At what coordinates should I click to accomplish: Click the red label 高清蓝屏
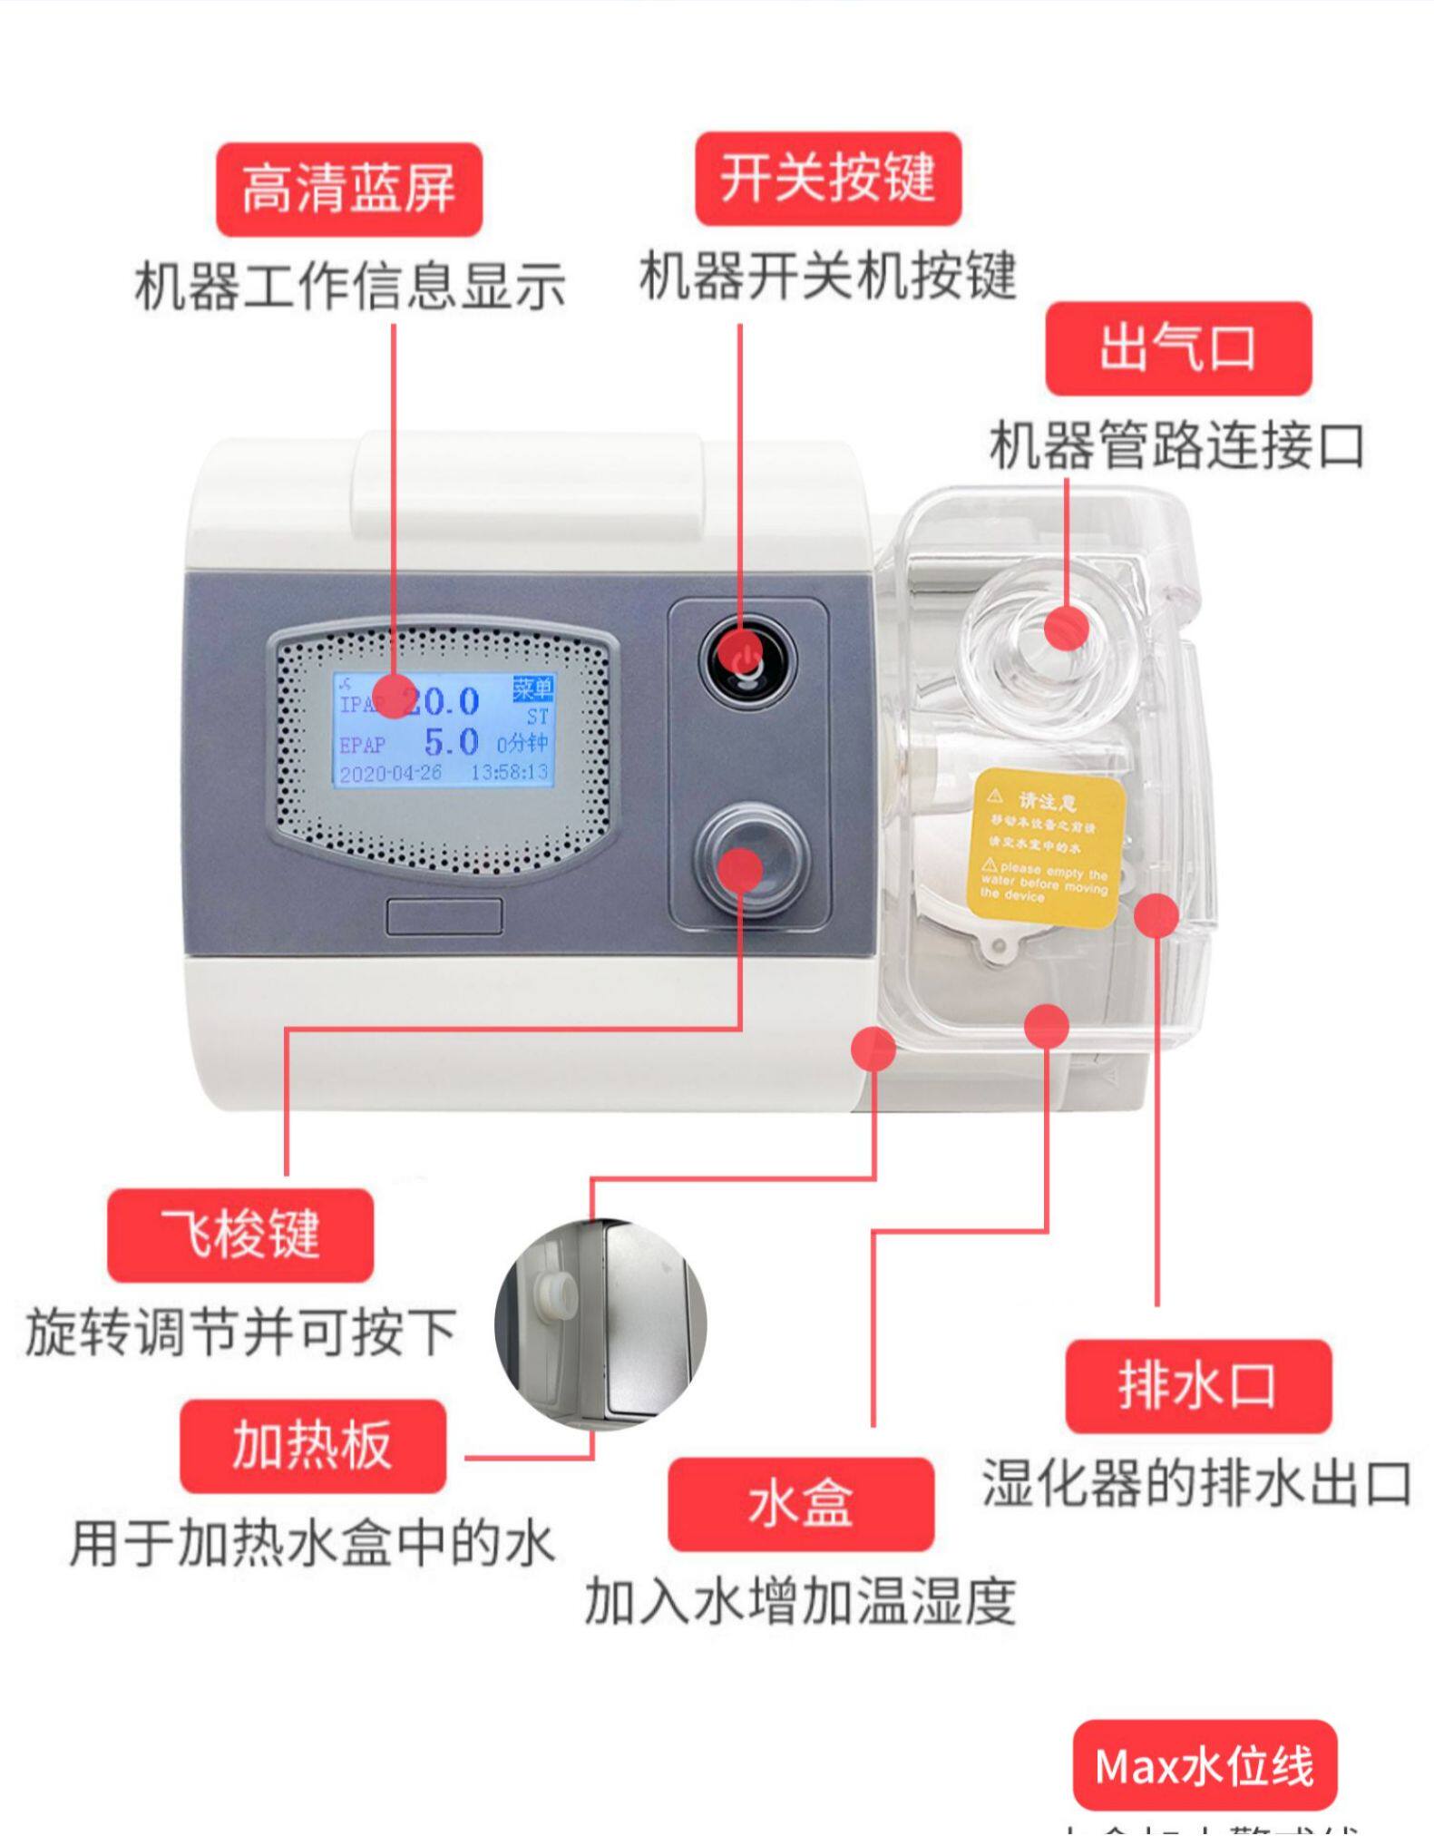pos(348,190)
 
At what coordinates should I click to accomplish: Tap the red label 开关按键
pos(827,179)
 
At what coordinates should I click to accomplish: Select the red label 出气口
pos(1177,348)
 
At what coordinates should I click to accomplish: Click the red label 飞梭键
pos(240,1235)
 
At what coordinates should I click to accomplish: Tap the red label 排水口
pos(1197,1385)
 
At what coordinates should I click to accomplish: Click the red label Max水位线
pos(1204,1765)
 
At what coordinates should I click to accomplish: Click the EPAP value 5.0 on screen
pos(452,742)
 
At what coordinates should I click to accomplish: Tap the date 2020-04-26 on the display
pos(390,773)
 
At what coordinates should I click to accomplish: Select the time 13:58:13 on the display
pos(509,772)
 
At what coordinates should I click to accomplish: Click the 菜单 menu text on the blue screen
pos(532,689)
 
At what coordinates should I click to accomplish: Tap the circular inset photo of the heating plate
pos(600,1324)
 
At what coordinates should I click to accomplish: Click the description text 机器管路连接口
pos(1175,446)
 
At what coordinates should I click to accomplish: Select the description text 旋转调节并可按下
pos(240,1332)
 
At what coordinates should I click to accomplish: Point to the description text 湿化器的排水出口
pos(1195,1483)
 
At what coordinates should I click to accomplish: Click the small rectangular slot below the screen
pos(444,916)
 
